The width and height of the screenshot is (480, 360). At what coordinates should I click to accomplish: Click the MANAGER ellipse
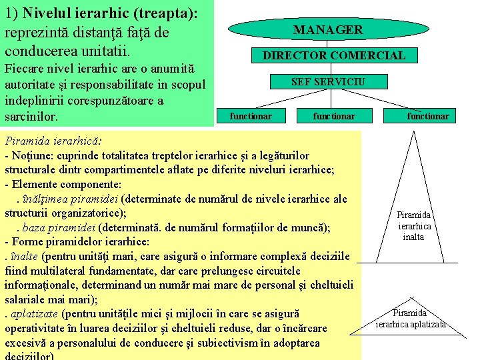(328, 29)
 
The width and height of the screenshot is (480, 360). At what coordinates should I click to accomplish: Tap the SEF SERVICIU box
(328, 81)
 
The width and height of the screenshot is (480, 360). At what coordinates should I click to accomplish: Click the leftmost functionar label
(251, 116)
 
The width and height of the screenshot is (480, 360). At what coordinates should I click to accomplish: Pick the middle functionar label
(334, 116)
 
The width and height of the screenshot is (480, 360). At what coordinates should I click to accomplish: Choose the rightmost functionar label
(428, 116)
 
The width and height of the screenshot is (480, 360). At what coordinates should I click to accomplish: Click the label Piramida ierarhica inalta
(414, 226)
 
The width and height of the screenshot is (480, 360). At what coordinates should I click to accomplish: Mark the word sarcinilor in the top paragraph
(31, 117)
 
